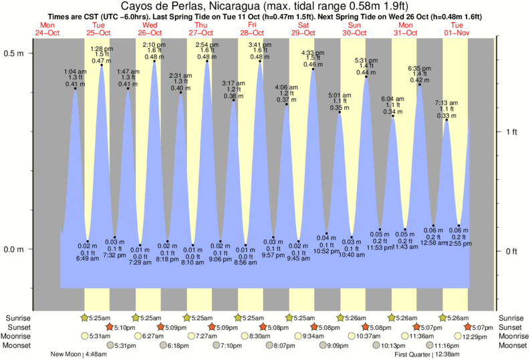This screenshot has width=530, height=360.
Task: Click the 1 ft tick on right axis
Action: point(511,132)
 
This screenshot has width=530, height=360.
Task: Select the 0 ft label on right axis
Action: point(511,251)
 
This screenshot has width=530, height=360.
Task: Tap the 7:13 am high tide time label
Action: point(446,103)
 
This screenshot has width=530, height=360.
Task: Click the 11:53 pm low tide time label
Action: point(380,248)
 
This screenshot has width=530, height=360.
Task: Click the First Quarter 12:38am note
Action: point(426,355)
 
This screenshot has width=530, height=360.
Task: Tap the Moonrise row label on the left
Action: point(20,337)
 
